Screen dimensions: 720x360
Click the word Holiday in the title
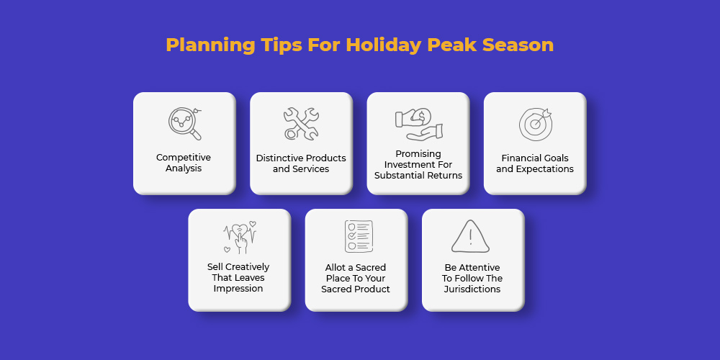pyautogui.click(x=384, y=45)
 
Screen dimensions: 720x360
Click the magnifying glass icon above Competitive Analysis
pyautogui.click(x=185, y=124)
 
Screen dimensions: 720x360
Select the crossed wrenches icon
pyautogui.click(x=301, y=124)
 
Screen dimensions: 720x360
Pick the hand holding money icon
pyautogui.click(x=418, y=124)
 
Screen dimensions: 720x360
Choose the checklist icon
pyautogui.click(x=359, y=236)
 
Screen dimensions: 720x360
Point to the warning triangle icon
pyautogui.click(x=470, y=236)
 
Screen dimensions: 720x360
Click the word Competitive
pyautogui.click(x=184, y=158)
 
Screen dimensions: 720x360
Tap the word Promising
pyautogui.click(x=418, y=154)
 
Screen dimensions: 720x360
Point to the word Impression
pyautogui.click(x=238, y=289)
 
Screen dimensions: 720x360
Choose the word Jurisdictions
pyautogui.click(x=472, y=289)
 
